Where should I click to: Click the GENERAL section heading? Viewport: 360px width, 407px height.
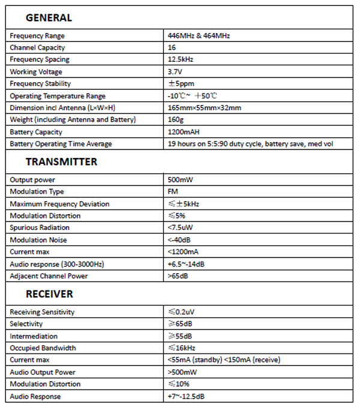(x=49, y=18)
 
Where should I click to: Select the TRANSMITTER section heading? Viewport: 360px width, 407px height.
(x=61, y=162)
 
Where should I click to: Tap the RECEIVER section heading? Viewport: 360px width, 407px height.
(x=49, y=294)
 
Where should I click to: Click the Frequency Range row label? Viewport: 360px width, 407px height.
(x=37, y=36)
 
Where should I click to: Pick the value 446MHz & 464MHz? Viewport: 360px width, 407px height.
(x=199, y=36)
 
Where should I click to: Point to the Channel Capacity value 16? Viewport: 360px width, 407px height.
(x=172, y=48)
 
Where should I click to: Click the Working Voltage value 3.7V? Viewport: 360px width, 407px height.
(x=176, y=72)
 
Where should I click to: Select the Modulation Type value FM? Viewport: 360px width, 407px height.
(x=173, y=192)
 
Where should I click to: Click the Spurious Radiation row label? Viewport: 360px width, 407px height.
(x=40, y=228)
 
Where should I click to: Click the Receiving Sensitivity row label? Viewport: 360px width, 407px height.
(x=42, y=312)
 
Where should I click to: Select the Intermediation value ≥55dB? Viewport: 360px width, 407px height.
(x=180, y=336)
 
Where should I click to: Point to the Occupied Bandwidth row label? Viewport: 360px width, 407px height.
(x=43, y=348)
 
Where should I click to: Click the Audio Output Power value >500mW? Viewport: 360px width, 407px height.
(x=183, y=372)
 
